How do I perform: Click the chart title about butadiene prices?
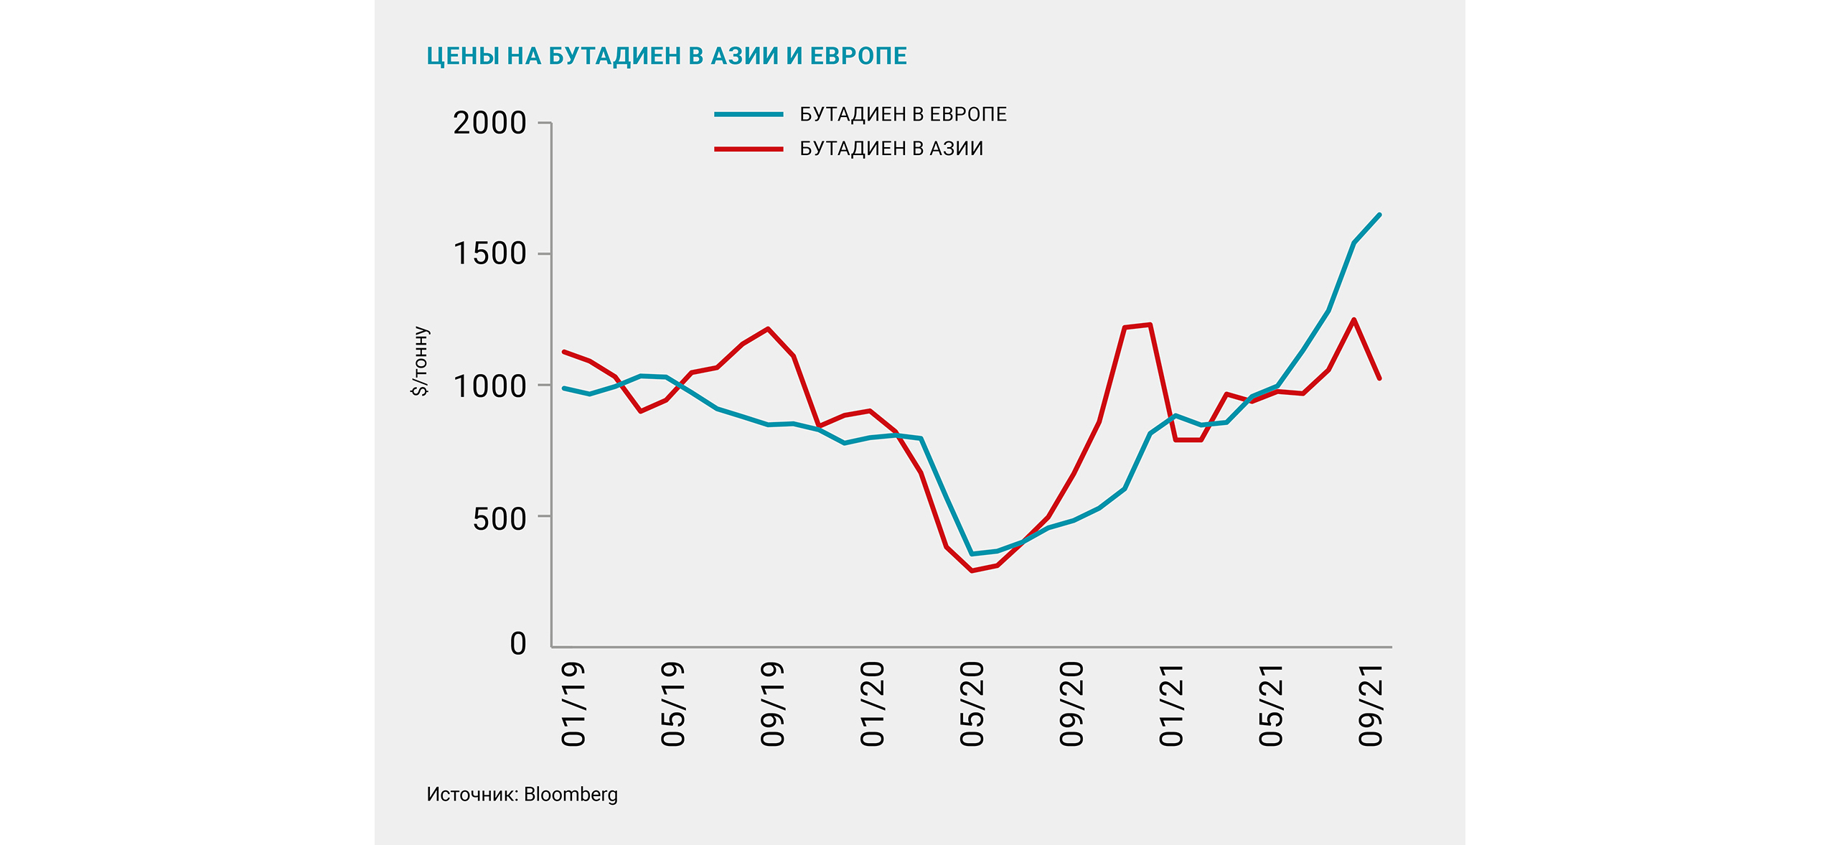coord(667,56)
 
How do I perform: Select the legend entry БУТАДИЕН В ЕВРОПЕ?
coord(903,114)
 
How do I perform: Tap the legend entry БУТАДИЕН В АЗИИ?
coord(891,149)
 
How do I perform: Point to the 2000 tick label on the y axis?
coord(489,123)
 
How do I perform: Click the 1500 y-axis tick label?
coord(489,253)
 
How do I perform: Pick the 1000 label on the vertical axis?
coord(489,386)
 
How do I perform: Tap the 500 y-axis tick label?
coord(499,518)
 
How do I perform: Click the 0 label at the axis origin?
coord(518,643)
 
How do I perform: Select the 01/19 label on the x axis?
coord(573,704)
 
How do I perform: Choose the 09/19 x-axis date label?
coord(772,704)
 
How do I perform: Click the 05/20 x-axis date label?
coord(972,704)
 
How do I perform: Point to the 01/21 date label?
coord(1171,704)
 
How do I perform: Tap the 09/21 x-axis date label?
coord(1370,704)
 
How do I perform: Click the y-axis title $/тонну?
coord(421,361)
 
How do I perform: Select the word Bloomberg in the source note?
coord(571,794)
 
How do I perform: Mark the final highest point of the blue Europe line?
coord(1379,215)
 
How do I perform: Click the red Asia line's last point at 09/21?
coord(1379,378)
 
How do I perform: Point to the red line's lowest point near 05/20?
coord(972,570)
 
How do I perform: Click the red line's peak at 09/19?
coord(768,329)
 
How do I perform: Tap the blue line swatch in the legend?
coord(749,114)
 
